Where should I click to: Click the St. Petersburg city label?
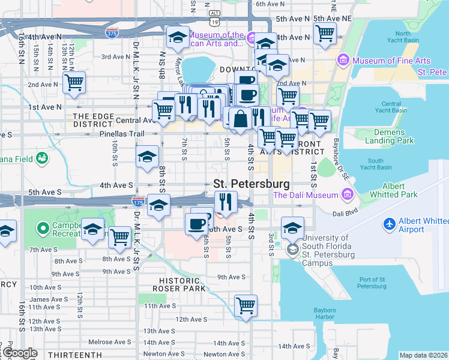tap(252, 184)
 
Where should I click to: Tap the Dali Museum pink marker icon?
tap(347, 194)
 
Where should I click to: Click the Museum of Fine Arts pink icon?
tap(344, 60)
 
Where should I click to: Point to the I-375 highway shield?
tap(111, 33)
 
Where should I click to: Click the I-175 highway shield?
tap(138, 202)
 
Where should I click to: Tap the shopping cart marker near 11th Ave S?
tap(246, 306)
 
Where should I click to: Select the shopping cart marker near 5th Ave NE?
tap(325, 34)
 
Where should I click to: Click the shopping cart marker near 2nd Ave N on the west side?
tap(74, 83)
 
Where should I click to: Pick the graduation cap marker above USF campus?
tap(292, 227)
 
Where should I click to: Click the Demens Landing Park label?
tap(393, 136)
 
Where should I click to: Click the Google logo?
tap(19, 353)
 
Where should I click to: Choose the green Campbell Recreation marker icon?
tap(43, 228)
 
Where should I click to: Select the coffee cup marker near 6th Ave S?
tap(197, 224)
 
